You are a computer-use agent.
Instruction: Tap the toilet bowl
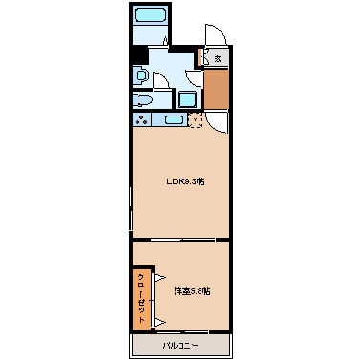140,100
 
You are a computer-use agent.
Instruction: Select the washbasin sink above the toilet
140,74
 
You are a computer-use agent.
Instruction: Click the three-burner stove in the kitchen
142,120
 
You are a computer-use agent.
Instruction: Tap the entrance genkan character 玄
218,59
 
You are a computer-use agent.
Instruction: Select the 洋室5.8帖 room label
192,290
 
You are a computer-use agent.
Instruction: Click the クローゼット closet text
141,298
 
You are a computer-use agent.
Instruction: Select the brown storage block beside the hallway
218,89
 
